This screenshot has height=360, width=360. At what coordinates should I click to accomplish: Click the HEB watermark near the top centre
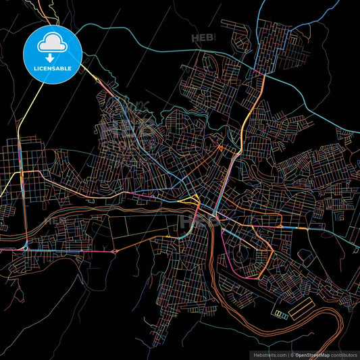pos(203,38)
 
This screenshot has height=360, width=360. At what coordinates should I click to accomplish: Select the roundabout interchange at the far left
pos(25,247)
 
